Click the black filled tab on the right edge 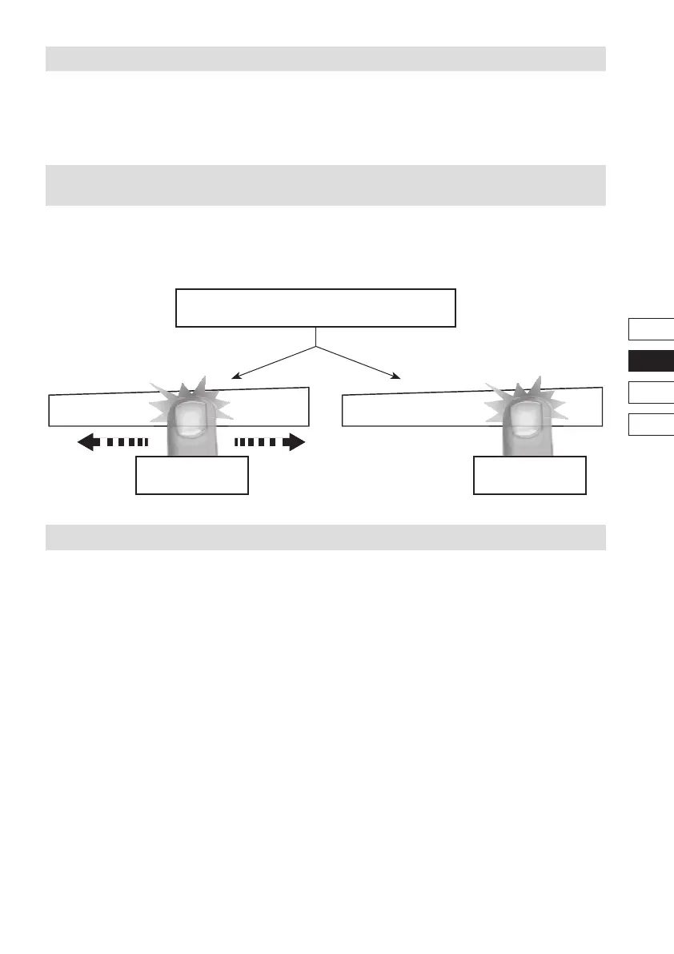[x=651, y=360]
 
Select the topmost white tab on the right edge [x=651, y=329]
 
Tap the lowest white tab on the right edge [x=651, y=424]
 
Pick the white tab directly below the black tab [x=651, y=392]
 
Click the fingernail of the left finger [x=190, y=421]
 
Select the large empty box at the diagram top [x=315, y=308]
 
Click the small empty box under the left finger [x=192, y=475]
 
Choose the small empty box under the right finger [x=530, y=475]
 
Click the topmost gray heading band [x=325, y=59]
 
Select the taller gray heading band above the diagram [x=325, y=185]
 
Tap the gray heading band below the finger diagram [x=325, y=537]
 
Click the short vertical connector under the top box [x=316, y=336]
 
